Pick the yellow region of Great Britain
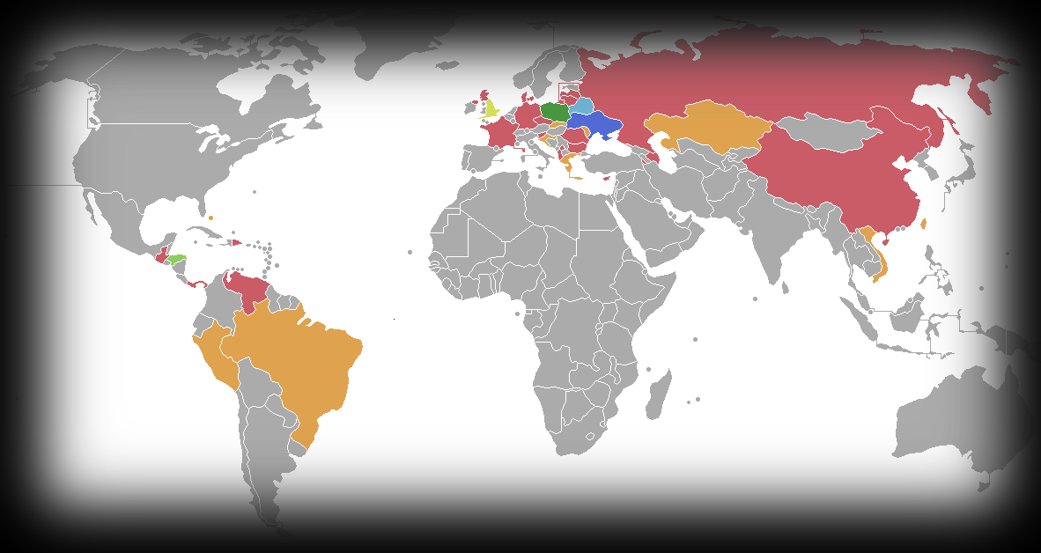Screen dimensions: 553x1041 (x=491, y=110)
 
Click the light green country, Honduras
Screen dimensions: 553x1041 (x=178, y=259)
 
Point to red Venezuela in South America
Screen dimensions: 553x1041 (x=246, y=287)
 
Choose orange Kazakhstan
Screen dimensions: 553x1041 (x=705, y=128)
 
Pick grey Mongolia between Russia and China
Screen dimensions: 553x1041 (x=828, y=133)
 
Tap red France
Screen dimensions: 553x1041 (x=501, y=133)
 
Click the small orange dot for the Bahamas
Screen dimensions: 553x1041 (x=211, y=217)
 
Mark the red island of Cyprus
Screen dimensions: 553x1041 (x=609, y=182)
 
